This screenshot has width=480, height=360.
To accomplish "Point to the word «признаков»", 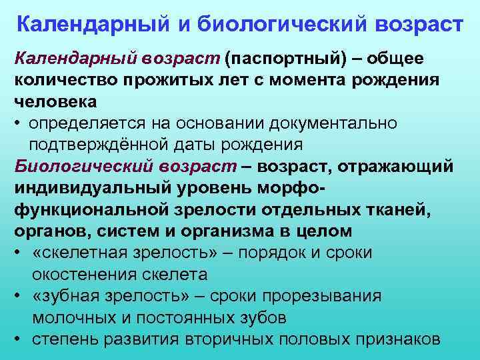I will click(396, 338).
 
